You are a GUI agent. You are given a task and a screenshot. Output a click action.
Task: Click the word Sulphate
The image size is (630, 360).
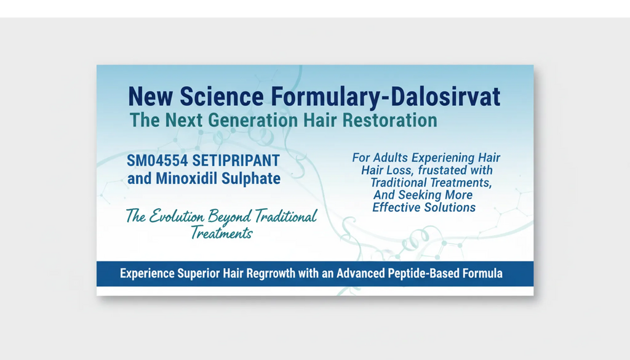tap(253, 178)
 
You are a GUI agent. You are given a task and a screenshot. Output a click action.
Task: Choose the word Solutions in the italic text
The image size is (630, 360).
tap(450, 207)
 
